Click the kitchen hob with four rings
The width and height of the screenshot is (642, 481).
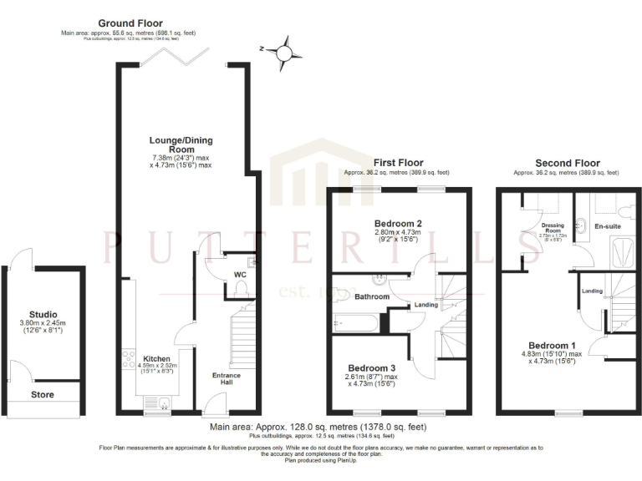coord(130,360)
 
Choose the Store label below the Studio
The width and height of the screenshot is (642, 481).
coord(43,394)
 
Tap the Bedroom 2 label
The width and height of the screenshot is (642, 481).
coord(398,223)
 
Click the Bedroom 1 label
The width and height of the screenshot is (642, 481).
coord(553,345)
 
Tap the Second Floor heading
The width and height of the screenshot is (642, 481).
coord(567,163)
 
